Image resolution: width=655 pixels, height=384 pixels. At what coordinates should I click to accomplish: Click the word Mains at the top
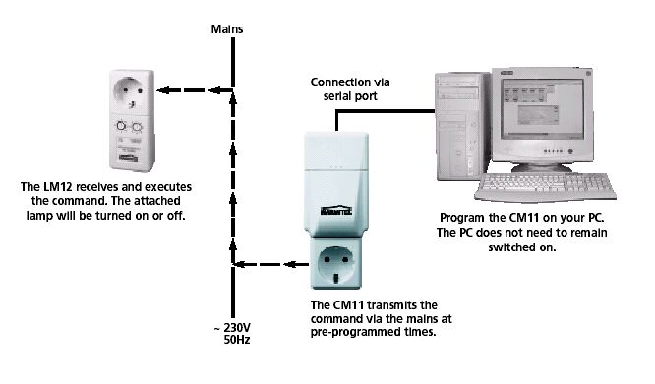tap(227, 29)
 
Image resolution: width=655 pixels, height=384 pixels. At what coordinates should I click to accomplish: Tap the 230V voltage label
tap(237, 327)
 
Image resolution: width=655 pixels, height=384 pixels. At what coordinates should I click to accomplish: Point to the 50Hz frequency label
tap(237, 340)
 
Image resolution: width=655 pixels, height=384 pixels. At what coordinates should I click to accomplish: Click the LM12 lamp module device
tap(132, 120)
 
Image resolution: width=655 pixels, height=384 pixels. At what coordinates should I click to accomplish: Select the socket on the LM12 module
tap(131, 91)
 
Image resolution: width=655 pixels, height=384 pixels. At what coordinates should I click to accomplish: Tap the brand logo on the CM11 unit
tap(336, 210)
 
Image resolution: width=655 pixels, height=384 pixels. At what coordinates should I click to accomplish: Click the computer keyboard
tap(545, 187)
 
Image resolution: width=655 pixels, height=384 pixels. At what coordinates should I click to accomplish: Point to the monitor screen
tap(542, 108)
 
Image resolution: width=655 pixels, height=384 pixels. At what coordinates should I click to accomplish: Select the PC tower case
tap(462, 126)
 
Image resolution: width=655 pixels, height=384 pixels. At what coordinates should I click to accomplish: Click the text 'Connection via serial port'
tap(350, 89)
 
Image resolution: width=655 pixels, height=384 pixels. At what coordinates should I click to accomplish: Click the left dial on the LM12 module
tap(121, 125)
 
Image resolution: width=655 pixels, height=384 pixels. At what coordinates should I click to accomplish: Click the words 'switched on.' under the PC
tap(522, 247)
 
